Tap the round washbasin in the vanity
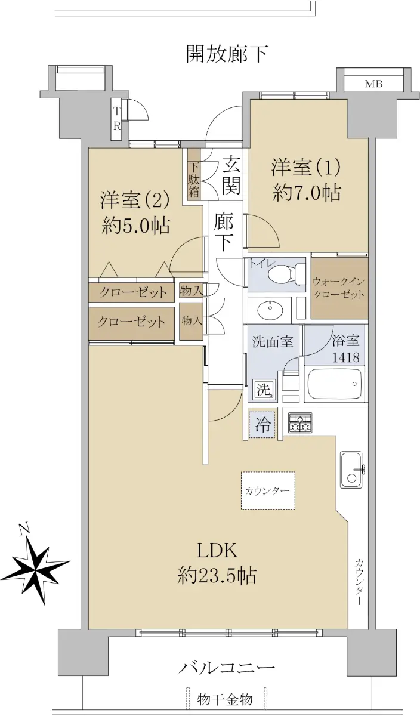click(x=270, y=309)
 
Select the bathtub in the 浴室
click(x=334, y=384)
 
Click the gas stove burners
click(x=300, y=422)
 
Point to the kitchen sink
click(x=351, y=470)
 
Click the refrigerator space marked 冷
click(x=262, y=425)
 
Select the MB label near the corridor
click(x=374, y=84)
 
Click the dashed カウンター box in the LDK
click(x=268, y=490)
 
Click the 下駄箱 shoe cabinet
click(x=194, y=175)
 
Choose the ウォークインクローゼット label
click(x=339, y=288)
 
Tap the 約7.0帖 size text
click(x=307, y=193)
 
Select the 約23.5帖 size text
click(x=217, y=575)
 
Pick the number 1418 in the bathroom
click(x=346, y=357)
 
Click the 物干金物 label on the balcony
click(x=225, y=699)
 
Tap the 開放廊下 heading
click(x=227, y=54)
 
